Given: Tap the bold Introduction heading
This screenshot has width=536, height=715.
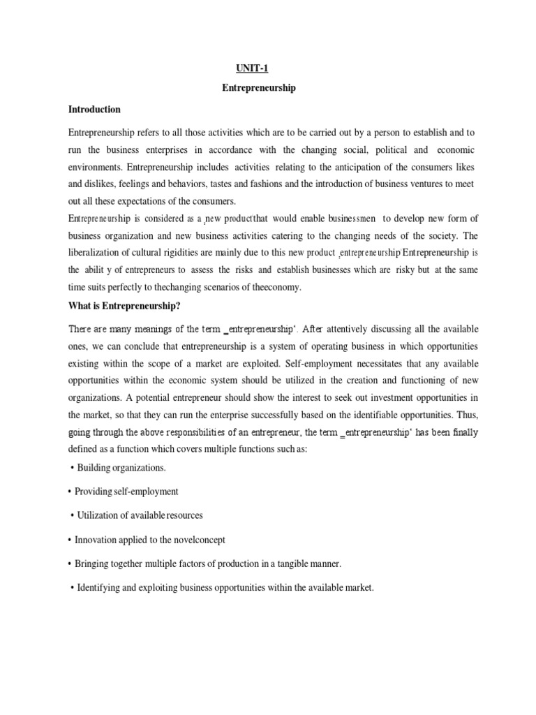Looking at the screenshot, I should point(94,110).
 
